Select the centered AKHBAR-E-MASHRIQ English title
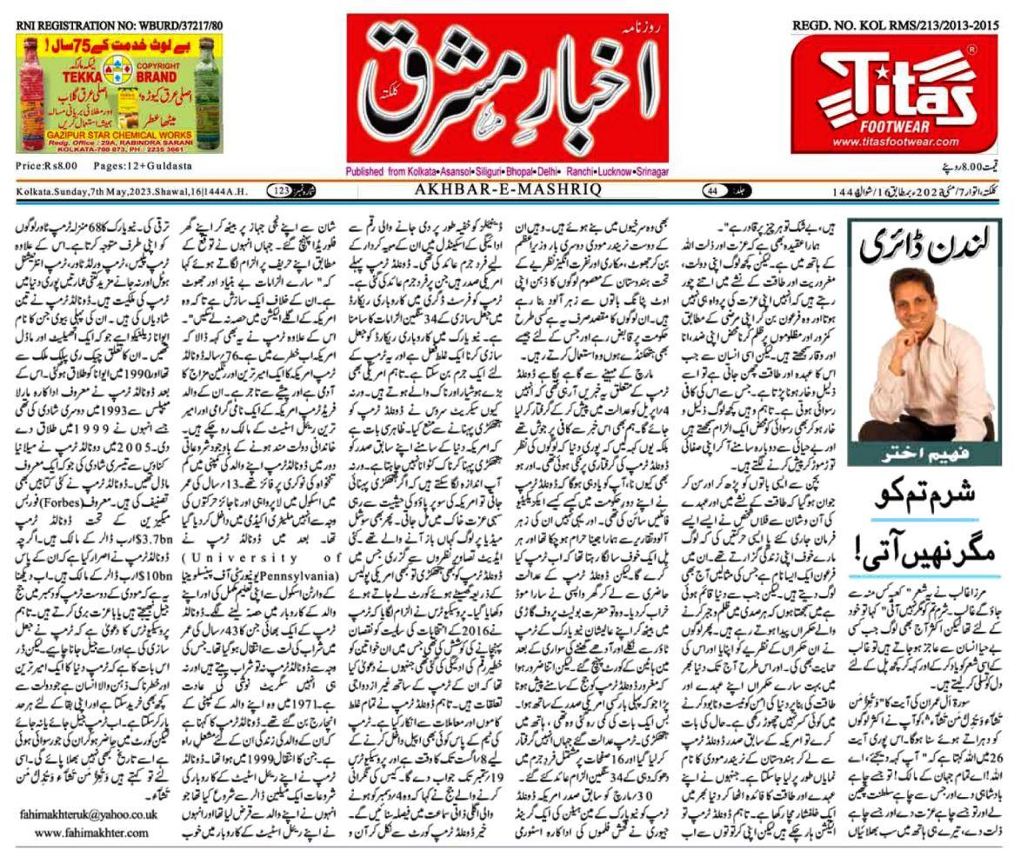click(508, 191)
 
